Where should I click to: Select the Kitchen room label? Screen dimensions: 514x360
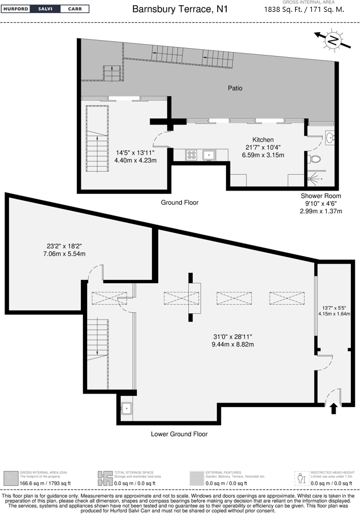(x=263, y=140)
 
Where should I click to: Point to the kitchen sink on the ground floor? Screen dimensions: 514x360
(x=208, y=154)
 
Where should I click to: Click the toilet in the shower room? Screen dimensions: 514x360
(x=316, y=159)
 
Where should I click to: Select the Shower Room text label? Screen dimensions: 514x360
(x=320, y=196)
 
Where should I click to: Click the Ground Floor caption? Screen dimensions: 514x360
(x=179, y=202)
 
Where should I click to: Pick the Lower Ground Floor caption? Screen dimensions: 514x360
(x=179, y=434)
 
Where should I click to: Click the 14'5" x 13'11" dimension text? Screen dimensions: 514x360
(x=135, y=153)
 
